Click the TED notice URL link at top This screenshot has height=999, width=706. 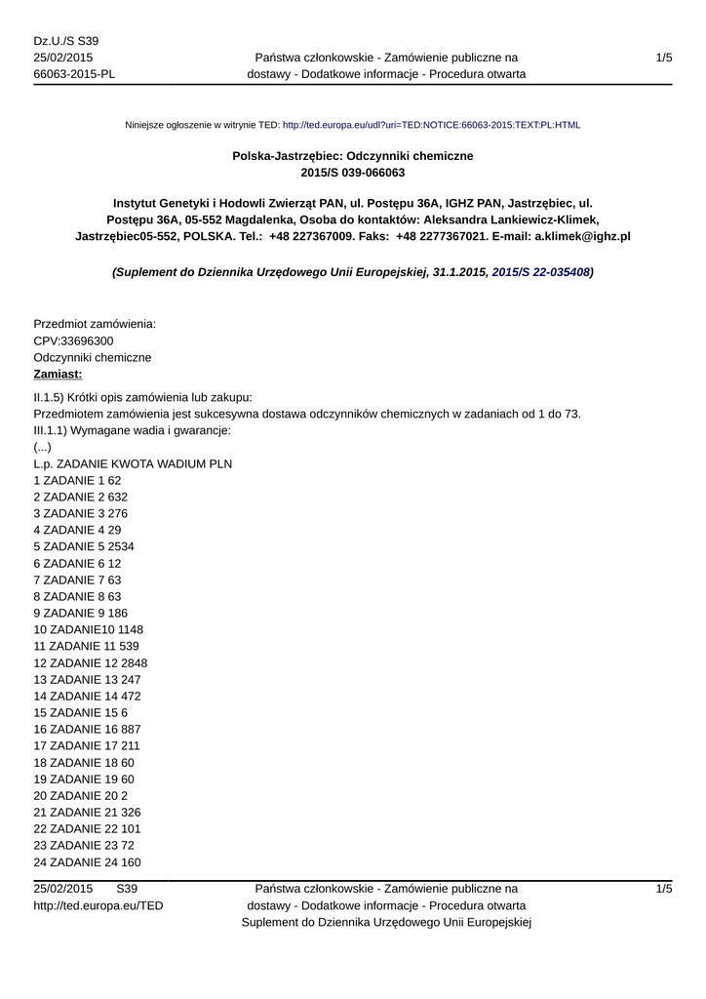[x=431, y=126]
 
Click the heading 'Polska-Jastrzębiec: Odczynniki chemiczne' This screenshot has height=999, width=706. [x=352, y=155]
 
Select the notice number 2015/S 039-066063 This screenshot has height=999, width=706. [x=352, y=173]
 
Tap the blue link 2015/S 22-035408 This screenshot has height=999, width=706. [x=540, y=272]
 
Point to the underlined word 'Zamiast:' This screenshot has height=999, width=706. [x=58, y=375]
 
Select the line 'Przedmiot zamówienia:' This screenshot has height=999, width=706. [x=95, y=324]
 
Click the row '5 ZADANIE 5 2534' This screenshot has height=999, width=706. [x=84, y=546]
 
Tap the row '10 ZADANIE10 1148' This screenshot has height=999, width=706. [x=88, y=629]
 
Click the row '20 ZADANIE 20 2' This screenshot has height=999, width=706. [x=81, y=795]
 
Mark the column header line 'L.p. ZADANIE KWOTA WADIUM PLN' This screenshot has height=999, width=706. [x=133, y=463]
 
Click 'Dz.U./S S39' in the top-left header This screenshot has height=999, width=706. [x=66, y=41]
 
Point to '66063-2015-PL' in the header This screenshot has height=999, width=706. [x=74, y=74]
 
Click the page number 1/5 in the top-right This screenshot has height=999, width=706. [x=664, y=58]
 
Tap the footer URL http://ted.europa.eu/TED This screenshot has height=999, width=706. [x=98, y=905]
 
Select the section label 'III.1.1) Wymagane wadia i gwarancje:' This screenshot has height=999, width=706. [x=132, y=430]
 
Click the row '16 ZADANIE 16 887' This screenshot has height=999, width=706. [x=88, y=729]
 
